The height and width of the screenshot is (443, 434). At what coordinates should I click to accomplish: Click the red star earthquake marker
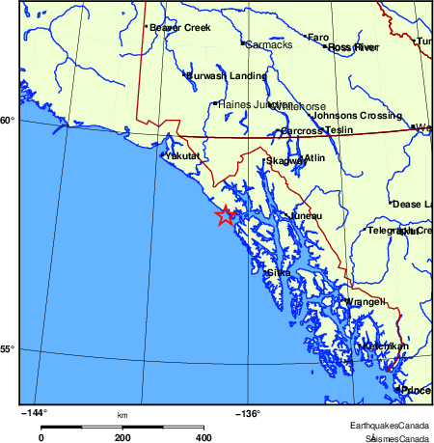pyautogui.click(x=225, y=216)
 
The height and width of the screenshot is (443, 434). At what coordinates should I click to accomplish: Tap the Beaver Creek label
pyautogui.click(x=176, y=28)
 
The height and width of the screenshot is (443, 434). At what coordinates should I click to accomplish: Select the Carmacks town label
pyautogui.click(x=269, y=44)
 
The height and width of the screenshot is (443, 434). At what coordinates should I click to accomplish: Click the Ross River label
pyautogui.click(x=352, y=46)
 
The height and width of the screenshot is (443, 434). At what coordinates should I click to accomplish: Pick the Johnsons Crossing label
pyautogui.click(x=337, y=116)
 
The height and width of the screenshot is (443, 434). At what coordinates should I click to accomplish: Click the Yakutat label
pyautogui.click(x=182, y=155)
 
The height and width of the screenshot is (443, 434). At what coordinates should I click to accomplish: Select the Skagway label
pyautogui.click(x=285, y=161)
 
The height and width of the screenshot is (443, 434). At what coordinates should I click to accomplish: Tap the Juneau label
pyautogui.click(x=306, y=217)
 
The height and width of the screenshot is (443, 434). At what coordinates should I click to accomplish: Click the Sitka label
pyautogui.click(x=279, y=273)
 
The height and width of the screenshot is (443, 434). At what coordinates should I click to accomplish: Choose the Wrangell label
pyautogui.click(x=366, y=302)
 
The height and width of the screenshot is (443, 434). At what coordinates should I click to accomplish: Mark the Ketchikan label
pyautogui.click(x=385, y=346)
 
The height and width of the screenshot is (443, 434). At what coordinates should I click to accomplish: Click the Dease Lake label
pyautogui.click(x=413, y=204)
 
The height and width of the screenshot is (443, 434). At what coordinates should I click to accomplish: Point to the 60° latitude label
pyautogui.click(x=7, y=121)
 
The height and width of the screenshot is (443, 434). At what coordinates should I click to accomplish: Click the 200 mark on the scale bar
pyautogui.click(x=122, y=437)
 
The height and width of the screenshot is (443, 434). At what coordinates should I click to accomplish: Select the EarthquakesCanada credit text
pyautogui.click(x=389, y=426)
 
